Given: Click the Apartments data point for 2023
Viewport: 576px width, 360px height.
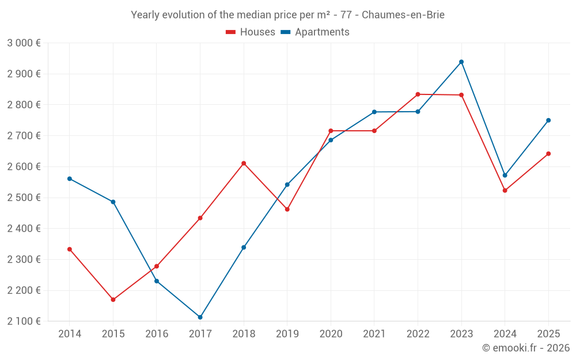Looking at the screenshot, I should (461, 62).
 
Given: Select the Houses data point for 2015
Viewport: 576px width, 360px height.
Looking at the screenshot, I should (113, 300).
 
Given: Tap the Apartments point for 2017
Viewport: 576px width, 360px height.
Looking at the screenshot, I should (200, 317).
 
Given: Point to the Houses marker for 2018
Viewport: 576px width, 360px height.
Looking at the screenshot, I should (244, 163).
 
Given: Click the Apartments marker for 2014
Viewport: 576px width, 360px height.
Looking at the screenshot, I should (70, 179).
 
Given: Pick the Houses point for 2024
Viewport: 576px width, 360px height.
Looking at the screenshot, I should (505, 190).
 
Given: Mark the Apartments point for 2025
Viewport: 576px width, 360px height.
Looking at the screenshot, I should (548, 120).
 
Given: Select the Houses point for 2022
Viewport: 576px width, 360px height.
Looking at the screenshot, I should (418, 94).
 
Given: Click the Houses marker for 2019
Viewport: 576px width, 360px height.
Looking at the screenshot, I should (287, 209).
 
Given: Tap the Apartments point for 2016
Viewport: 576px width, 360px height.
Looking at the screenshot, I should (157, 281).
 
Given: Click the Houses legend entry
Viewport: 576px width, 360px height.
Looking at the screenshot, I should (251, 32).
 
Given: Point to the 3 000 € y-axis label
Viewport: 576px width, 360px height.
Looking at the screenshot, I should (24, 43).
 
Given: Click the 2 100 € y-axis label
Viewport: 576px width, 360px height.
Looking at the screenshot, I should (24, 321).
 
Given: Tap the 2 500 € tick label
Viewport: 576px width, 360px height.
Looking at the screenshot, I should (24, 198).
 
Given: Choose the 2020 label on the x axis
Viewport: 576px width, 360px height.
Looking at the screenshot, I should (331, 334).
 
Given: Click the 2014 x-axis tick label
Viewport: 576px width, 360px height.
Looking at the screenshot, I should (70, 334).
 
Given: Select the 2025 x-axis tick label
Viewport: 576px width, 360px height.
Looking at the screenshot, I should (548, 334).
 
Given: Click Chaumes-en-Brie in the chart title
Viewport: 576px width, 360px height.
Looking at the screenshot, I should (403, 15).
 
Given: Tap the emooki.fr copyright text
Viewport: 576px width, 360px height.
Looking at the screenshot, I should (526, 348).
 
